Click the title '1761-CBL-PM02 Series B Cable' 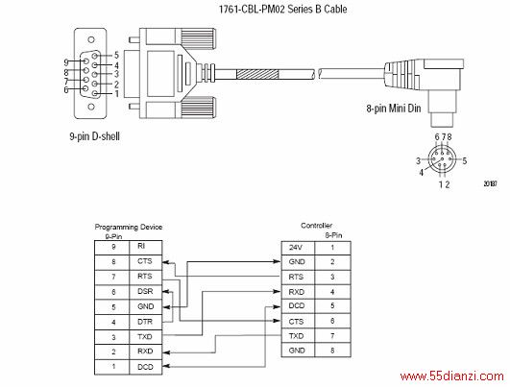tap(282, 9)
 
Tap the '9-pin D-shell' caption tap(95, 136)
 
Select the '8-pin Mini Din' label tap(394, 109)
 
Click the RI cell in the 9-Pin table tap(145, 248)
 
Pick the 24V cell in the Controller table tap(298, 248)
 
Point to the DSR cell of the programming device tap(145, 292)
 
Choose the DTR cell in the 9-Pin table tap(145, 322)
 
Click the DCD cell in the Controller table tap(298, 306)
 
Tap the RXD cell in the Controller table tap(298, 292)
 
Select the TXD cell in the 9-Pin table tap(145, 337)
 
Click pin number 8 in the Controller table tap(332, 351)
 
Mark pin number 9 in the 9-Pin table tap(113, 247)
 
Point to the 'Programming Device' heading tap(129, 227)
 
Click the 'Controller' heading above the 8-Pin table tap(316, 226)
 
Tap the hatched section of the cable tap(257, 74)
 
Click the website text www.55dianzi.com tap(452, 376)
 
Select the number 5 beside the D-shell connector tap(116, 56)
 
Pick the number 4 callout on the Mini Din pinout tap(422, 172)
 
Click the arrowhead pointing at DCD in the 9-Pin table tap(166, 367)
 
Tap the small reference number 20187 tap(490, 183)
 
